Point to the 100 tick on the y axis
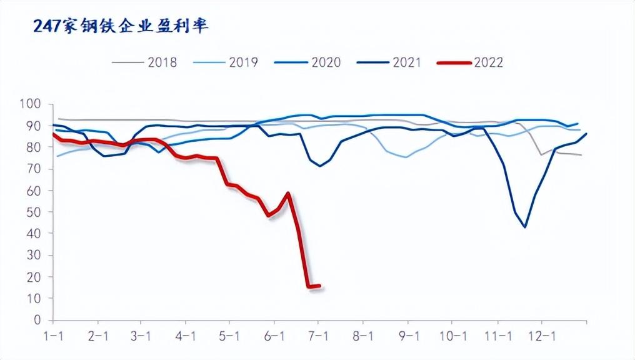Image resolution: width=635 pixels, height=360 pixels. pyautogui.click(x=29, y=104)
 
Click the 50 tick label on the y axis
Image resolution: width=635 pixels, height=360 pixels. pyautogui.click(x=32, y=212)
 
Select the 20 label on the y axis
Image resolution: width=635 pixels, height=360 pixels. pyautogui.click(x=32, y=277)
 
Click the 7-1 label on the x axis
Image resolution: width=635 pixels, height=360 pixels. pyautogui.click(x=319, y=336)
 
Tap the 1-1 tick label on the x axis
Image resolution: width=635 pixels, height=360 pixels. pyautogui.click(x=53, y=336)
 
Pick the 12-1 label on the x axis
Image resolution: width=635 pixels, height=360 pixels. pyautogui.click(x=541, y=336)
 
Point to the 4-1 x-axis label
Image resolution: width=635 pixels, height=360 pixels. pyautogui.click(x=186, y=336)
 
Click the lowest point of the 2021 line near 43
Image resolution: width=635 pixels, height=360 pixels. pyautogui.click(x=525, y=227)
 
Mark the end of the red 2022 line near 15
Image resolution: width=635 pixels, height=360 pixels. pyautogui.click(x=319, y=286)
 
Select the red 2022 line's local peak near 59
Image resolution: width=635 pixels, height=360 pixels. pyautogui.click(x=288, y=193)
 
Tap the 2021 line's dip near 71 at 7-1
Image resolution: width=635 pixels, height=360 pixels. pyautogui.click(x=320, y=166)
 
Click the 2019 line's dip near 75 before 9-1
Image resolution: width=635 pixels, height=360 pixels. pyautogui.click(x=406, y=157)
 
